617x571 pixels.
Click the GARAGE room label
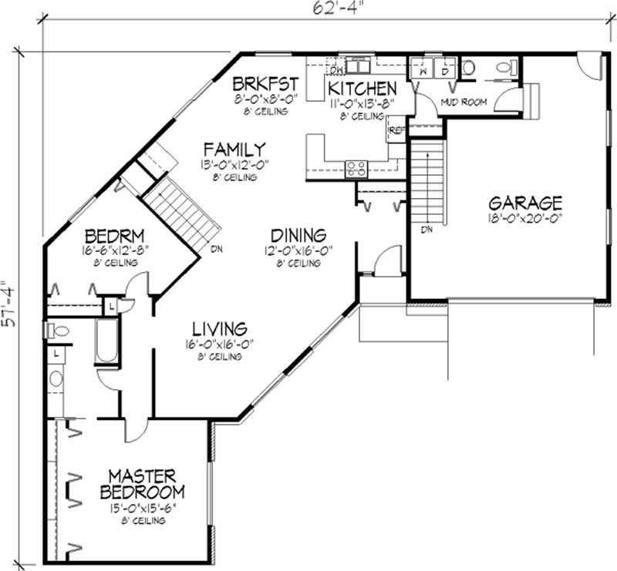[524, 203]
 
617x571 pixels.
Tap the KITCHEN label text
[362, 89]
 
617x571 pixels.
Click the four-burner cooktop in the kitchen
[356, 168]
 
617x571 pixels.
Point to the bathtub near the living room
[105, 344]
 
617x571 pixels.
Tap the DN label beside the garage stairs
[425, 229]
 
